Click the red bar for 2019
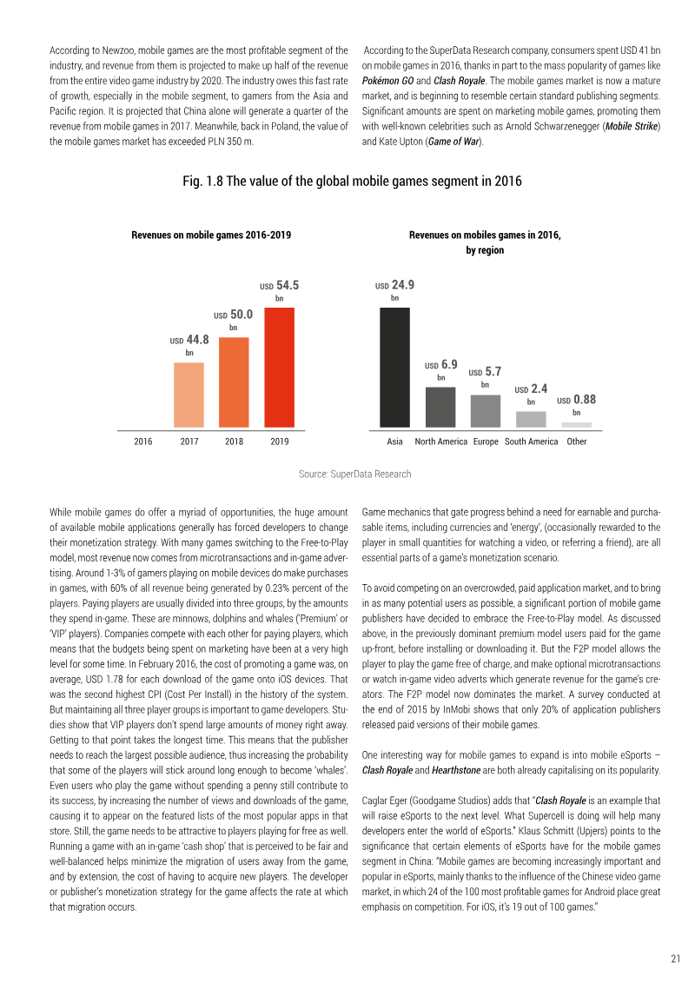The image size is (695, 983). (x=280, y=368)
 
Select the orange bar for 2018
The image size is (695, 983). (x=234, y=382)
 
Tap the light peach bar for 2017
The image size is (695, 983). (x=189, y=395)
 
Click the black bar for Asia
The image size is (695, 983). (x=394, y=368)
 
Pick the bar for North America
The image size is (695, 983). (x=440, y=408)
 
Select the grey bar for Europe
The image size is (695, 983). (x=486, y=411)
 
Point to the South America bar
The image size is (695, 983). (x=531, y=420)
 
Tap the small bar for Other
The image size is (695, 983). (x=577, y=425)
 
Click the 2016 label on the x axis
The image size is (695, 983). (x=142, y=442)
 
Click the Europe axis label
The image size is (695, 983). (x=486, y=442)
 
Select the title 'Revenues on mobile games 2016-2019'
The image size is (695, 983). (x=211, y=235)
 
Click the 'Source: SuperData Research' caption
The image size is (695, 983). (x=354, y=474)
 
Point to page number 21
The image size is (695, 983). (x=676, y=959)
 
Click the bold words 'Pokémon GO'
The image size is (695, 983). (x=388, y=81)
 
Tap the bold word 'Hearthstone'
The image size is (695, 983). (x=456, y=770)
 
